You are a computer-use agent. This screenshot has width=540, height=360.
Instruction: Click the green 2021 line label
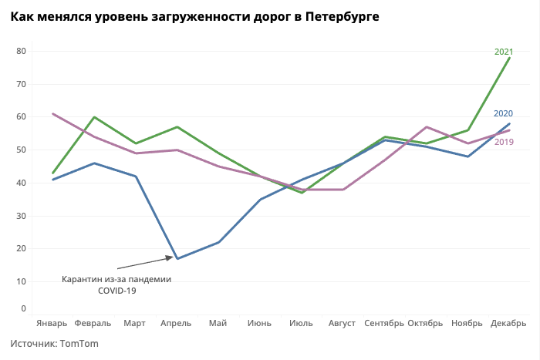[x=504, y=52]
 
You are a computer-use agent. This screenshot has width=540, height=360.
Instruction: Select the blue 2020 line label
[x=504, y=113]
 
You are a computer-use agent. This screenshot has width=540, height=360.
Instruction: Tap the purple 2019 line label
[x=504, y=142]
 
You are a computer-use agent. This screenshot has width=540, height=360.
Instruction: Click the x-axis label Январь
[x=52, y=323]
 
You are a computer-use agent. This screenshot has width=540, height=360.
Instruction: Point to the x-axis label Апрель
[x=176, y=323]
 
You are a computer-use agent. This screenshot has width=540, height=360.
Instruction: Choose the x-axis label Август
[x=343, y=323]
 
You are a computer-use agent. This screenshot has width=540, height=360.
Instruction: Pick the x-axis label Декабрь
[x=508, y=323]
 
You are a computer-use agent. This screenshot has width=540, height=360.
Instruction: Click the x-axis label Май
[x=218, y=323]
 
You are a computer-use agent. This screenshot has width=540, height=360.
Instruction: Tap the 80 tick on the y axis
[x=21, y=52]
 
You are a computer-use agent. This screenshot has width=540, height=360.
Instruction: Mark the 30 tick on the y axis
[x=21, y=216]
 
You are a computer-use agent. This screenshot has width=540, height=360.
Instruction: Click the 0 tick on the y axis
[x=23, y=308]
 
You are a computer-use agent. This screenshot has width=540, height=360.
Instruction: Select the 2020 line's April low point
[x=177, y=258]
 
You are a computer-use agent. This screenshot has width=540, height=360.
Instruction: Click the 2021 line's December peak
[x=509, y=58]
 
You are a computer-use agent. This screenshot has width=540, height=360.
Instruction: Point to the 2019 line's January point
[x=52, y=114]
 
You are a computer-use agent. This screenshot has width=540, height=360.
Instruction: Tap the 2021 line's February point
[x=94, y=117]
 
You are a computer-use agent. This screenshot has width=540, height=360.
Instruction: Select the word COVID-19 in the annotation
[x=116, y=291]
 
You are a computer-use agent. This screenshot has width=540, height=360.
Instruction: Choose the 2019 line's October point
[x=427, y=127]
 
